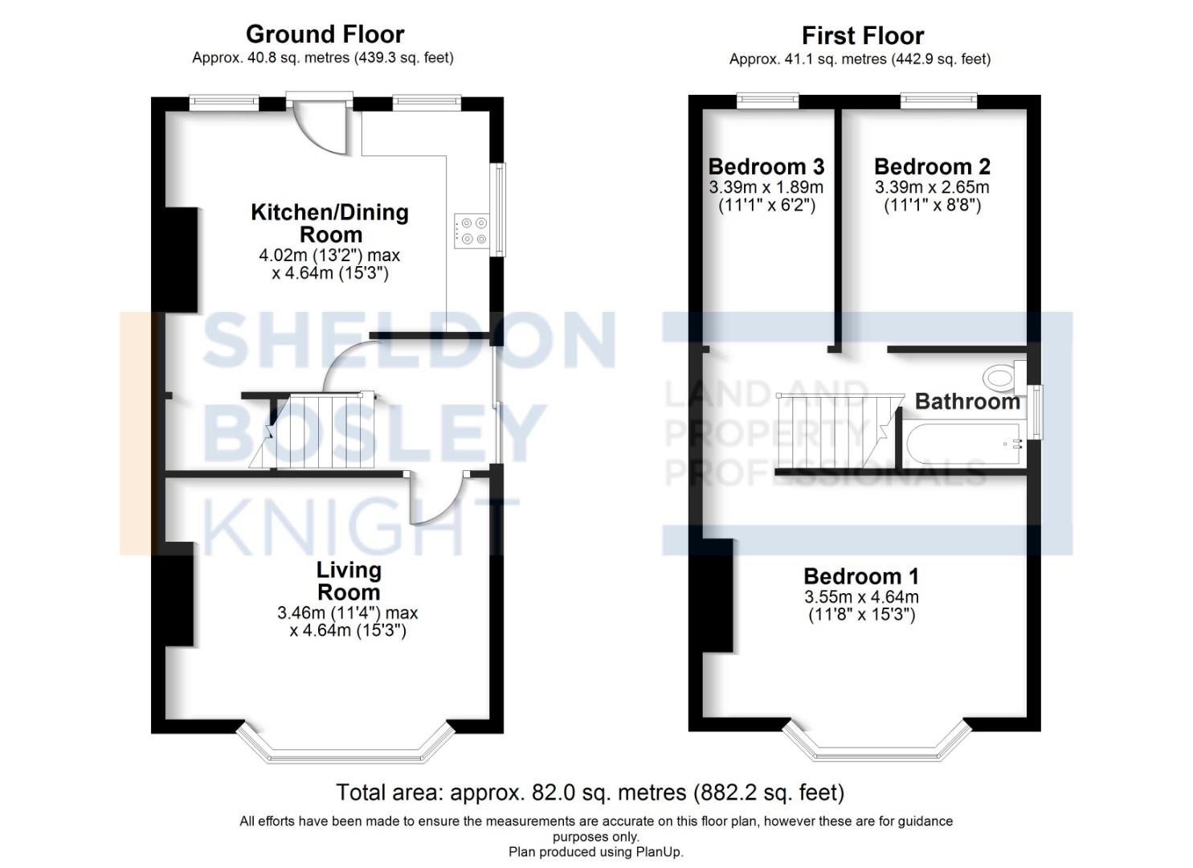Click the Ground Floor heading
click(x=325, y=35)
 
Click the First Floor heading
click(x=862, y=36)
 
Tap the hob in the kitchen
click(x=471, y=231)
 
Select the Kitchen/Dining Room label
click(x=330, y=223)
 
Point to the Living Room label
click(x=348, y=581)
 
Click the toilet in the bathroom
click(x=1001, y=376)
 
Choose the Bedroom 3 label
click(x=766, y=167)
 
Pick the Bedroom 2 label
click(x=932, y=167)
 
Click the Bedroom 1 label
click(x=860, y=576)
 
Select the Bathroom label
click(x=966, y=401)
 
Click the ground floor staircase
click(x=321, y=432)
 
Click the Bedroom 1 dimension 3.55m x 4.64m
click(x=861, y=597)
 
